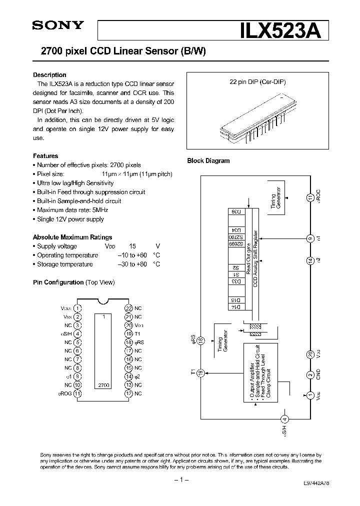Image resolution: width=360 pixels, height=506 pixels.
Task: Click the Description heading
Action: pyautogui.click(x=49, y=75)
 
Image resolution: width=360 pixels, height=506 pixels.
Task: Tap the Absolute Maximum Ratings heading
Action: pyautogui.click(x=72, y=237)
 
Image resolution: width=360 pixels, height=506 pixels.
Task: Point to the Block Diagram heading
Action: pyautogui.click(x=208, y=161)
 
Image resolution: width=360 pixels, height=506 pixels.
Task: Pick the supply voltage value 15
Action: pyautogui.click(x=132, y=246)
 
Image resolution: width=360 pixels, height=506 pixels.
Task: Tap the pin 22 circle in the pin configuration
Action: pyautogui.click(x=128, y=308)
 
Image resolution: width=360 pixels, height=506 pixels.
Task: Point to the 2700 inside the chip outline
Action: pyautogui.click(x=103, y=385)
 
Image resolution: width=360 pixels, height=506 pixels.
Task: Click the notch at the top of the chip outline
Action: pyautogui.click(x=103, y=301)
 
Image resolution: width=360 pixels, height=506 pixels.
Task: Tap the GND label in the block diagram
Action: pyautogui.click(x=318, y=375)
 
